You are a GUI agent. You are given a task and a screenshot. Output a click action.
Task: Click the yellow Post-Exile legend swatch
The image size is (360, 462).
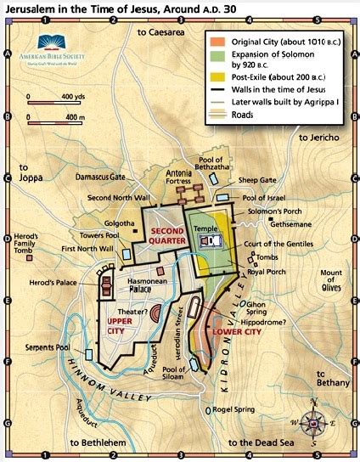pos(217,78)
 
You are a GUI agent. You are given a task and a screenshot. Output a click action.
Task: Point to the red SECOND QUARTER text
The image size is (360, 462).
pos(167,235)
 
